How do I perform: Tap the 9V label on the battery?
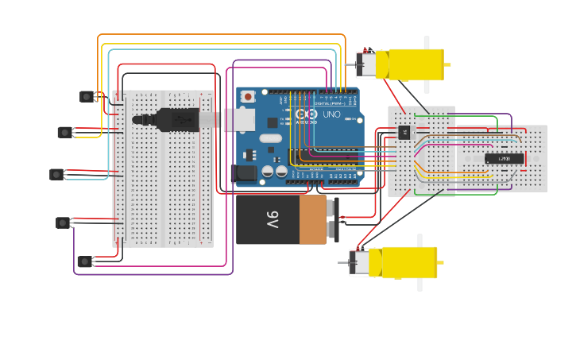click(272, 219)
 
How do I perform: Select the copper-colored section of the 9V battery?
click(313, 220)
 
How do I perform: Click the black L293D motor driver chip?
click(504, 158)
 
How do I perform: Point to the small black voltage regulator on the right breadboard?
click(404, 132)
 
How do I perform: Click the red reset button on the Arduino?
click(248, 97)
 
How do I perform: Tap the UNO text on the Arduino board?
click(331, 114)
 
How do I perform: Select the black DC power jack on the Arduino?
click(244, 173)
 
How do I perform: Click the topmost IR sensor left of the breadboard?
click(87, 96)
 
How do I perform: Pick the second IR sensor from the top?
click(65, 132)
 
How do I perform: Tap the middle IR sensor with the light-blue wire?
click(56, 174)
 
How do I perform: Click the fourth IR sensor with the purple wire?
click(63, 223)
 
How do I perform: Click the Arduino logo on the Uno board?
click(306, 114)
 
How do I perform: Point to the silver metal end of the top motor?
click(366, 64)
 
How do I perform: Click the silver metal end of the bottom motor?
click(360, 262)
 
